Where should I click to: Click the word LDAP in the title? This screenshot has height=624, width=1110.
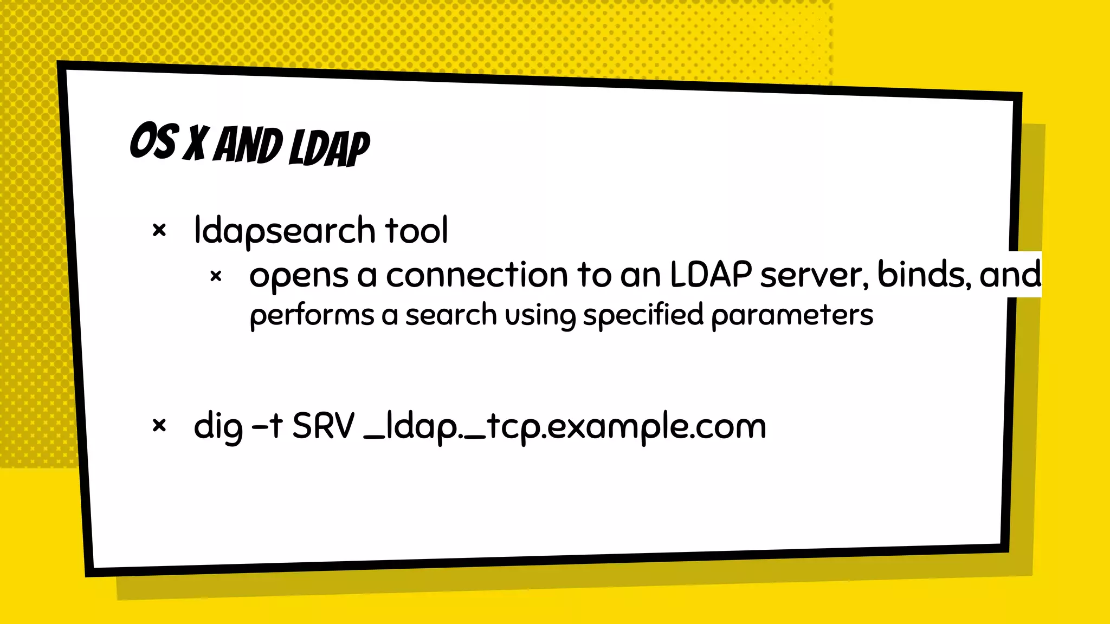pos(329,148)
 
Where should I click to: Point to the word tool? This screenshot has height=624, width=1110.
pos(416,230)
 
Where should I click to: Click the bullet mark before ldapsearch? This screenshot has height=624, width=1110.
pos(159,231)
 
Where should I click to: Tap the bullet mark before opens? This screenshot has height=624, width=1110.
pos(216,277)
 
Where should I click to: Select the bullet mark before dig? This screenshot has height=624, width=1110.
pos(159,426)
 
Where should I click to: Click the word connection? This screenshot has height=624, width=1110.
pos(476,275)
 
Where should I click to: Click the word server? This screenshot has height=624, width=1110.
pos(814,275)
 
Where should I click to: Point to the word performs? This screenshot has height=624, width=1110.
pos(312,316)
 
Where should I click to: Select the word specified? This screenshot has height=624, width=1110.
pos(643,316)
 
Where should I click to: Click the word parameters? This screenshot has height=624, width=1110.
pos(792,316)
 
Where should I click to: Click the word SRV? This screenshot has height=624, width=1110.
pos(323,426)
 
